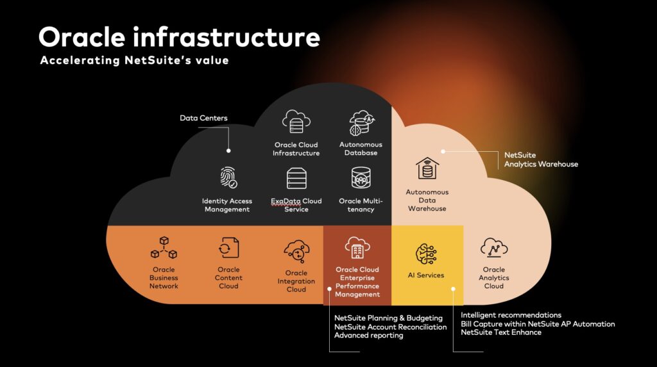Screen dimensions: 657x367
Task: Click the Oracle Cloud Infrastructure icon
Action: point(296,121)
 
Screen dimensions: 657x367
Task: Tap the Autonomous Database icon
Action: point(361,123)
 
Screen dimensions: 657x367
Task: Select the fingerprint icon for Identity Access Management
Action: point(228,177)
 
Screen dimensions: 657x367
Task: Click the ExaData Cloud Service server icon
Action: point(296,178)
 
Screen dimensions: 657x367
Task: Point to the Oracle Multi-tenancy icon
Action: point(361,177)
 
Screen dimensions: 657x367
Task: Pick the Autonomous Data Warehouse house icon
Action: point(427,168)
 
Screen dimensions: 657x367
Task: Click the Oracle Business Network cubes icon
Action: point(164,248)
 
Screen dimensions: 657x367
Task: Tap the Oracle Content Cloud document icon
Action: point(229,248)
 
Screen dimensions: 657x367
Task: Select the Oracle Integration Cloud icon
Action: point(296,252)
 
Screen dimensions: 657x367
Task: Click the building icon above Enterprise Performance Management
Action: point(357,248)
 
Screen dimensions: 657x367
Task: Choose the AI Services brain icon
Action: point(426,254)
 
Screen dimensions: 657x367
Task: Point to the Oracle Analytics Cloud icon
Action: point(494,248)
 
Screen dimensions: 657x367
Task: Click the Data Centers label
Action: point(203,118)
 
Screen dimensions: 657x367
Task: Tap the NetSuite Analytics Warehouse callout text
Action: point(541,159)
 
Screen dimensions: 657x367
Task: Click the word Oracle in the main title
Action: point(82,37)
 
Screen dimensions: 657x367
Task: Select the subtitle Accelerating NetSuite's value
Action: point(135,60)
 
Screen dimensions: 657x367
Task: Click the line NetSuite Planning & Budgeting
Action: point(388,318)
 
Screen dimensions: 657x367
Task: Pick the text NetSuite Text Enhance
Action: point(501,332)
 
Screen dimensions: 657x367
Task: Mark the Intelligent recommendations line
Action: point(511,315)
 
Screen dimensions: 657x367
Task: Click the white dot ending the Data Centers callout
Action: point(228,151)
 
